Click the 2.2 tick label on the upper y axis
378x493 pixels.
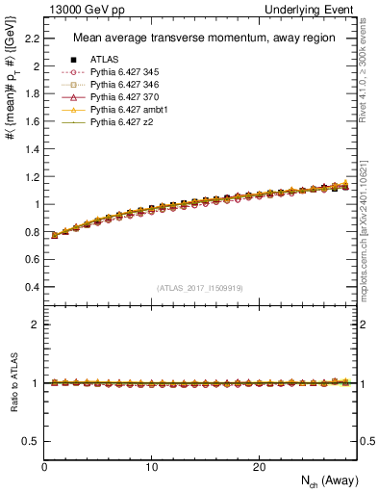(x=32, y=39)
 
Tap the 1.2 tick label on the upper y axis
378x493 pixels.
(x=32, y=177)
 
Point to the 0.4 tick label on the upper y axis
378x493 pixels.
(x=32, y=287)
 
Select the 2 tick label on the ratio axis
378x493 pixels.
(x=37, y=324)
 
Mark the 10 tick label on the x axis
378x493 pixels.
(x=151, y=467)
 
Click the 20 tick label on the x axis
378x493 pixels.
(x=259, y=467)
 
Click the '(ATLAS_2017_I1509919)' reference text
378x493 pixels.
(x=200, y=288)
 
